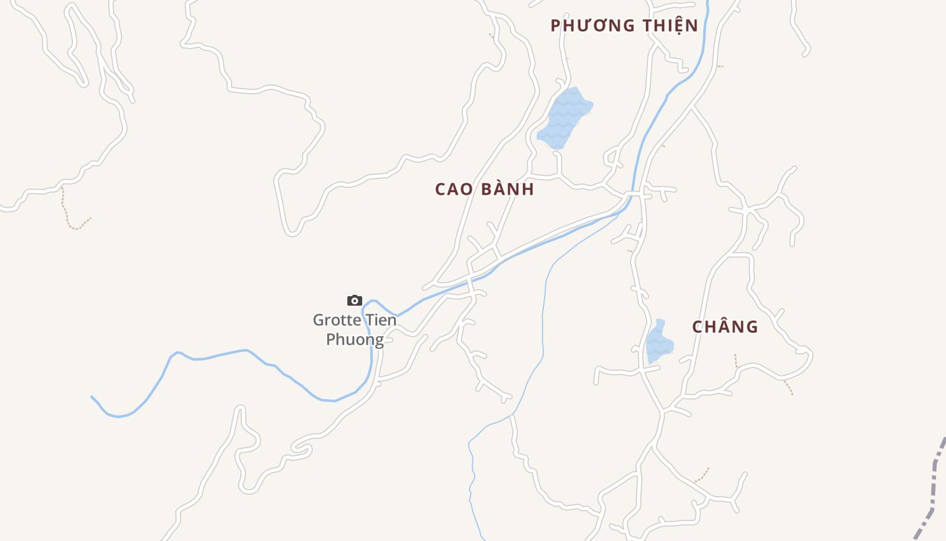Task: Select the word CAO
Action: click(454, 189)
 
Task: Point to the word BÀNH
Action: click(507, 189)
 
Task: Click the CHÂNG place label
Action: click(725, 327)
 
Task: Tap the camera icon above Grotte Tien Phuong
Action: click(355, 300)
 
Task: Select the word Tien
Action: click(380, 320)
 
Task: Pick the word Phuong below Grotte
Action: click(355, 339)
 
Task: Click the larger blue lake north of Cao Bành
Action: click(563, 118)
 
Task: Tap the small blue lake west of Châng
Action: click(658, 344)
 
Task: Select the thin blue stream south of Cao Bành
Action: click(544, 304)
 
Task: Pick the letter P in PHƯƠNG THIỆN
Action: click(555, 26)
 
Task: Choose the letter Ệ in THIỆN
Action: click(678, 26)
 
